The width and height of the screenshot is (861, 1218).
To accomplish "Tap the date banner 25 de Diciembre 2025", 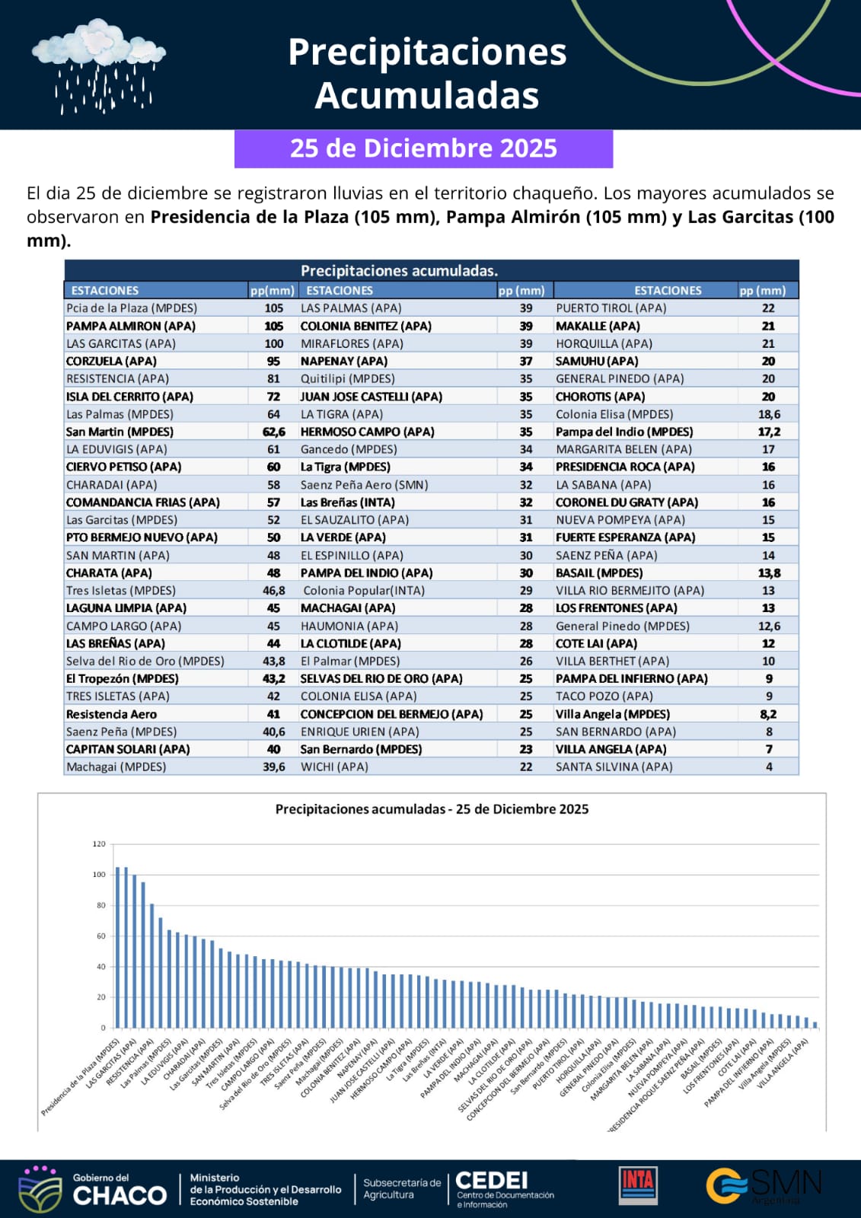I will tap(423, 148).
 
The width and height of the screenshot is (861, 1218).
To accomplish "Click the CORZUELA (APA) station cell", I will tap(111, 362).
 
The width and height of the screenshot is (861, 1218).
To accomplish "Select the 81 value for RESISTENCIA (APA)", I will tap(273, 379).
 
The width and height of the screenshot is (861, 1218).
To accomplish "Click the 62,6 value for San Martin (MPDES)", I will tap(274, 432).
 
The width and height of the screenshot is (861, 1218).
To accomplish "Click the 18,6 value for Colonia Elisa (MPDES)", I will tap(769, 414).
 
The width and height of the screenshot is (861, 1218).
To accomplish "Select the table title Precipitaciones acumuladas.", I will tap(399, 271).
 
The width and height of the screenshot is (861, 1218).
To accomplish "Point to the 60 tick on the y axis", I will tap(101, 936).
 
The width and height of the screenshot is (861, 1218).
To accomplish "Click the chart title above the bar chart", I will tap(432, 809).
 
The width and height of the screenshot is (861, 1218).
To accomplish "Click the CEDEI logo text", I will tap(491, 1181).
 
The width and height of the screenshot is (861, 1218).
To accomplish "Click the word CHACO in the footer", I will tap(120, 1195).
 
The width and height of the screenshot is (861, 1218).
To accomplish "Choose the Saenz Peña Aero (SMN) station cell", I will tap(364, 485).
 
